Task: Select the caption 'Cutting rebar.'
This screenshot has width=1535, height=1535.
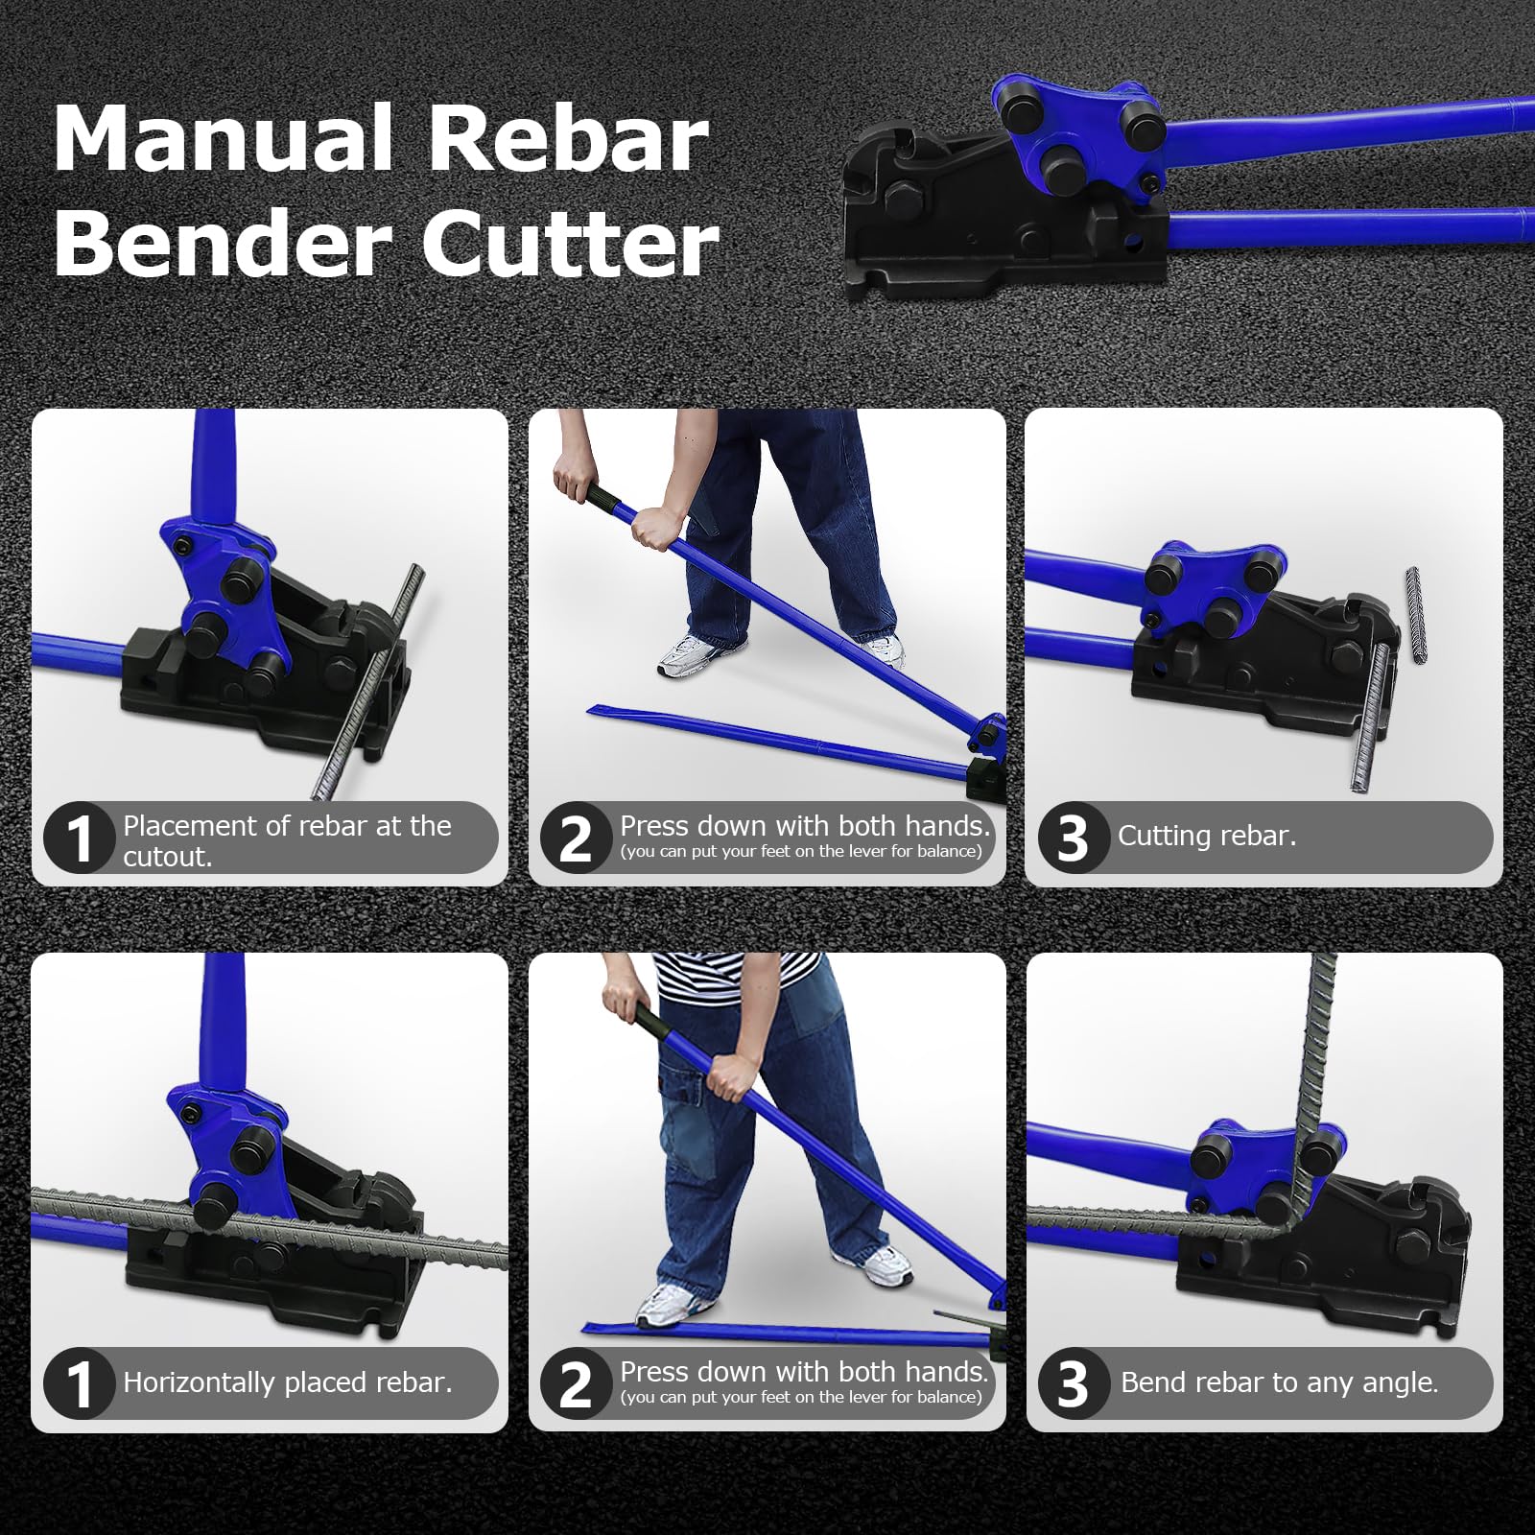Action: pos(1207,836)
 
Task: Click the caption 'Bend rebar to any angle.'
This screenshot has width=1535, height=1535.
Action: pos(1279,1382)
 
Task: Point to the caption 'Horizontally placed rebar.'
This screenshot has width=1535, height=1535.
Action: pos(287,1382)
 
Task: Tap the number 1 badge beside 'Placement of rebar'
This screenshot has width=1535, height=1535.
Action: pos(79,838)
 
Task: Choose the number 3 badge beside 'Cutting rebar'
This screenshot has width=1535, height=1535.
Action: pos(1073,838)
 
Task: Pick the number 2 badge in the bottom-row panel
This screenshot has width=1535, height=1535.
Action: pos(576,1383)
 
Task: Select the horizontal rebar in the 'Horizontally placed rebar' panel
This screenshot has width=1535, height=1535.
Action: pos(269,1225)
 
